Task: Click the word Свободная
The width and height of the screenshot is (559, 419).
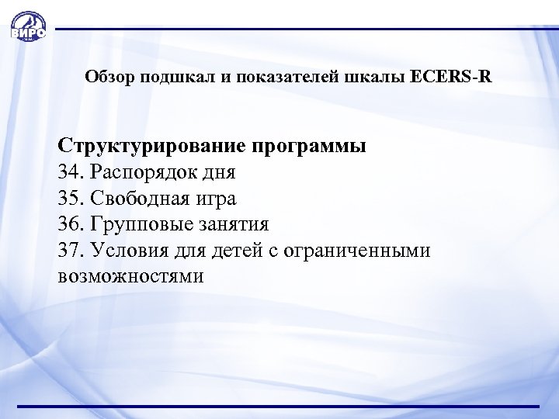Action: click(x=136, y=199)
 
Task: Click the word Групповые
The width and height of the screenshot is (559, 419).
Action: click(x=137, y=225)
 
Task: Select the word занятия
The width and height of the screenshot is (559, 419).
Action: click(x=232, y=225)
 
